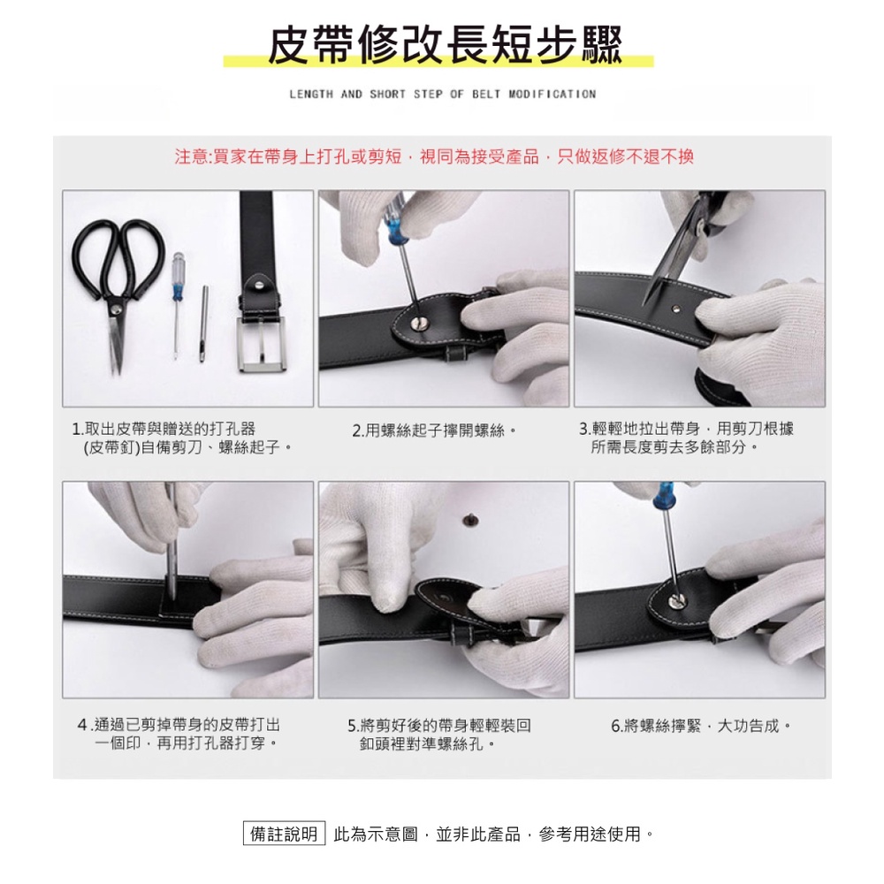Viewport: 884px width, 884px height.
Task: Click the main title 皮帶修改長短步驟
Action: (445, 44)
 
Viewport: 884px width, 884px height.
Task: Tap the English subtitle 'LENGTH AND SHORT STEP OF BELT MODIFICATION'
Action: (443, 95)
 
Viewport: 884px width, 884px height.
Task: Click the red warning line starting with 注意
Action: (433, 156)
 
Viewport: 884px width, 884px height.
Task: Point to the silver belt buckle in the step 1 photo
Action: (262, 343)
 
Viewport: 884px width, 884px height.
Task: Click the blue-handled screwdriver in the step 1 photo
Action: (179, 304)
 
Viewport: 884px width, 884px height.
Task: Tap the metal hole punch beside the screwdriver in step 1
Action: (203, 324)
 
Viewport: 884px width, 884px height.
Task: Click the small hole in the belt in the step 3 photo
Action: (676, 308)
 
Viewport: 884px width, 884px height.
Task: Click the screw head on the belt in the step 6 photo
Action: (676, 600)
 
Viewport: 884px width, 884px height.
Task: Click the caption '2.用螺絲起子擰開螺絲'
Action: (433, 431)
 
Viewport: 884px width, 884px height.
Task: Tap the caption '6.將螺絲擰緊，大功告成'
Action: (701, 726)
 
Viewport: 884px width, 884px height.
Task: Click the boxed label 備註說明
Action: (284, 834)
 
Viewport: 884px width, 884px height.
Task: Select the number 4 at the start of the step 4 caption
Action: (82, 725)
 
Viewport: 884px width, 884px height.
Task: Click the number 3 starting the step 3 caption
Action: (583, 429)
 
